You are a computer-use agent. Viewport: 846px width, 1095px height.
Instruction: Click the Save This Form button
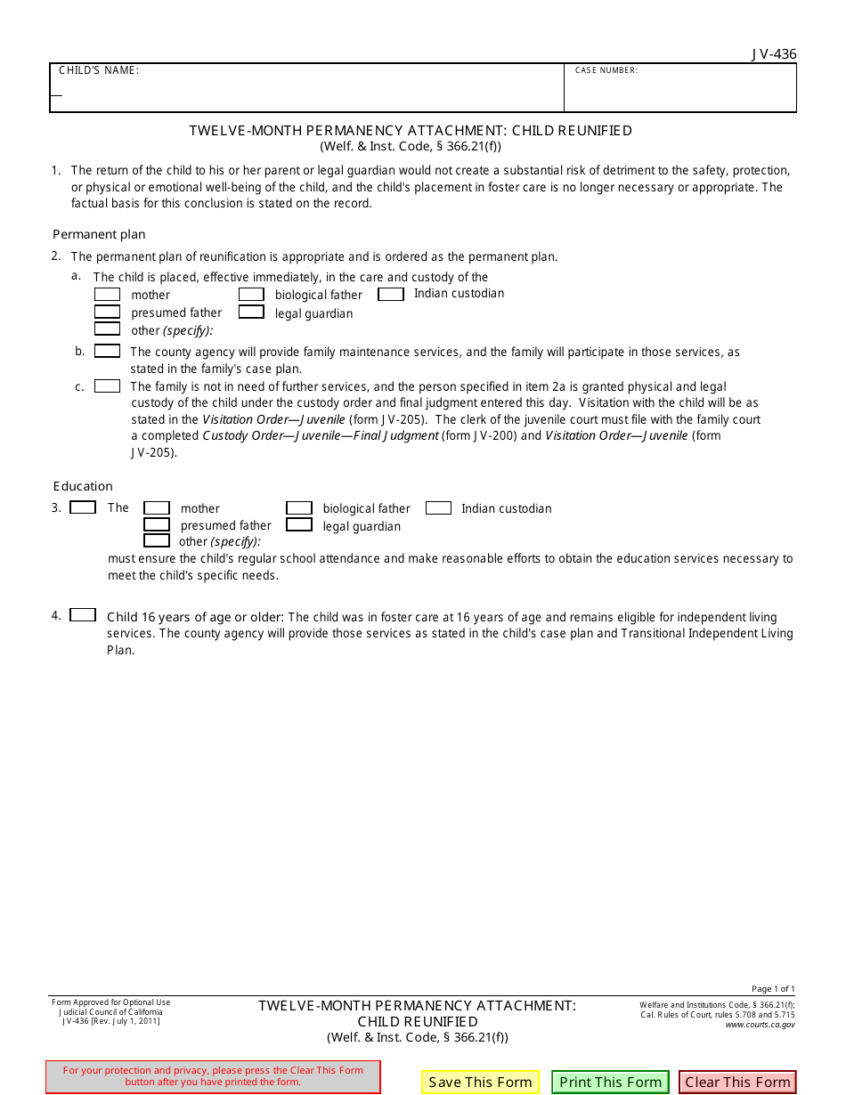(x=480, y=1082)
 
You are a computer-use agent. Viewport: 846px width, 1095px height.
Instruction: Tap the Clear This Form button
(x=737, y=1082)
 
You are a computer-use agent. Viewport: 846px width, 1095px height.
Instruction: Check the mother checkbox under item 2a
(x=108, y=294)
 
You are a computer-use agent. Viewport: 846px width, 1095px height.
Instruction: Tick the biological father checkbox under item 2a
(x=251, y=294)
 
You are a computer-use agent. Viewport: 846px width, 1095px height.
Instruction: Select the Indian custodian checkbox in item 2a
(x=391, y=294)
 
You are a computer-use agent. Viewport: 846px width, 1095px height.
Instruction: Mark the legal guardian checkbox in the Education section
(x=299, y=525)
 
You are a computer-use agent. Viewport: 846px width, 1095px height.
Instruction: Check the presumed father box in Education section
(x=157, y=525)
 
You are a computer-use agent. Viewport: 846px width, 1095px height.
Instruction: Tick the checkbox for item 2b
(x=108, y=351)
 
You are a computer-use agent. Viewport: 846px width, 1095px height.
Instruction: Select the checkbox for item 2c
(x=108, y=386)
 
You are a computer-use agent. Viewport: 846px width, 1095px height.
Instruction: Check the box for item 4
(x=83, y=615)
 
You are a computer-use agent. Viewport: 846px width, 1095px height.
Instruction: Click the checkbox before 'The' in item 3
(x=83, y=507)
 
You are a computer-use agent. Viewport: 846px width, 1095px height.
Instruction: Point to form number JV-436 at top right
(x=773, y=54)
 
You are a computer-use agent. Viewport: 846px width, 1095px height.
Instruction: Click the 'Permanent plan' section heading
(x=99, y=235)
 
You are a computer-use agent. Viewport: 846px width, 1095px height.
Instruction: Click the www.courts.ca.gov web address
(x=760, y=1025)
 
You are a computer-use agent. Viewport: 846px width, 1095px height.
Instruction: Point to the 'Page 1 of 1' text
(x=773, y=989)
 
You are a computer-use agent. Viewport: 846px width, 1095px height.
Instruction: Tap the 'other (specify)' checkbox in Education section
(x=157, y=540)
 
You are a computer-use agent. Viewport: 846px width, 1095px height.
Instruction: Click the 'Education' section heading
(x=83, y=486)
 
